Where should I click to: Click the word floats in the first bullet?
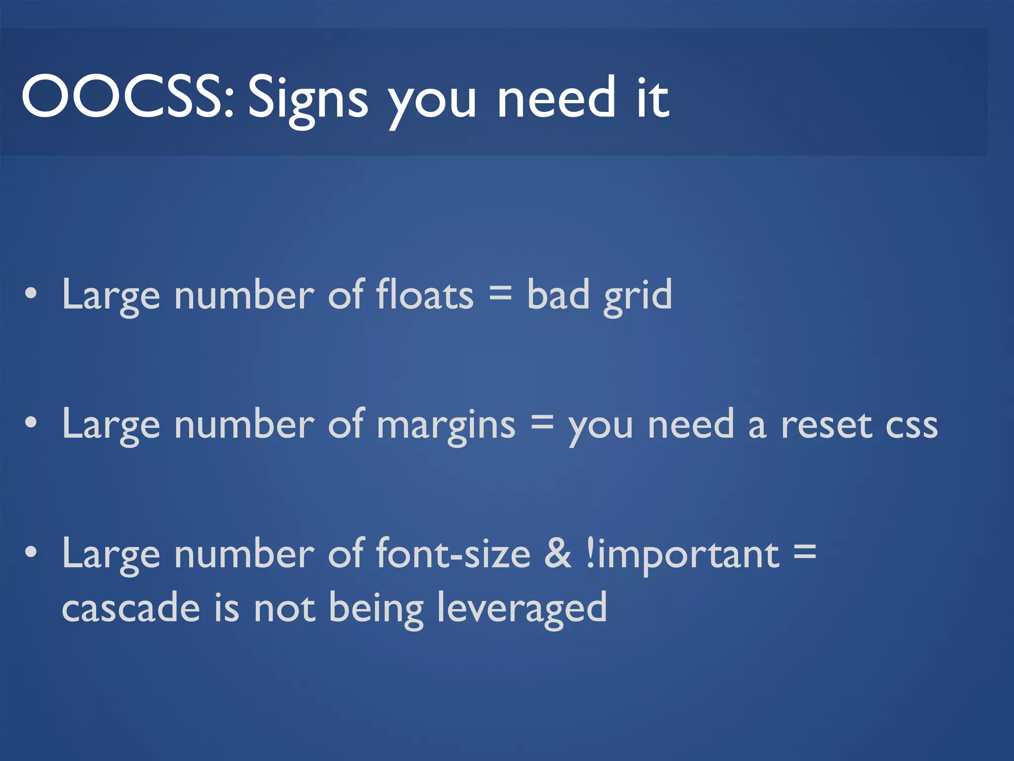coord(425,295)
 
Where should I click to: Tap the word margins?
coord(446,426)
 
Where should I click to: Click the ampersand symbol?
coord(558,553)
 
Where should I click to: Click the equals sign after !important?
coord(805,551)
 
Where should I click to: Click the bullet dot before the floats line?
coord(31,293)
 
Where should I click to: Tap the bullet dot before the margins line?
coord(31,423)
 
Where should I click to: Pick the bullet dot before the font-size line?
coord(31,552)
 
